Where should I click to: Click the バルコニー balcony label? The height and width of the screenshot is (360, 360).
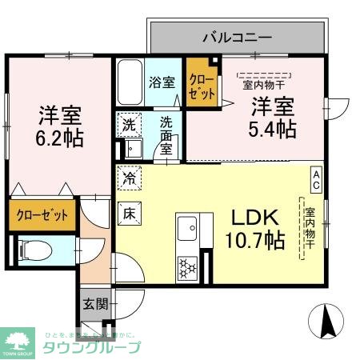(237, 36)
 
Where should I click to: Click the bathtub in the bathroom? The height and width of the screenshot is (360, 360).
(130, 82)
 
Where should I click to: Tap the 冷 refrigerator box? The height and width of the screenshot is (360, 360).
(128, 178)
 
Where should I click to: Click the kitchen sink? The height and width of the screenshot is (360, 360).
(189, 228)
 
